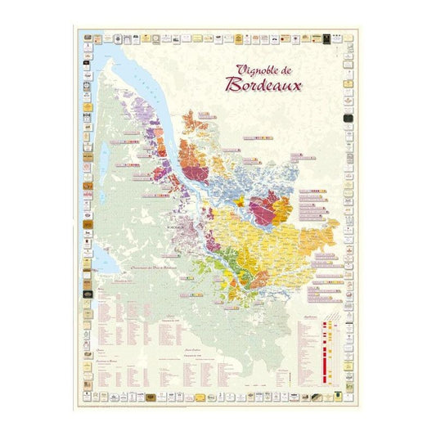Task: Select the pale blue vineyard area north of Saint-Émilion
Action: [237, 184]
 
